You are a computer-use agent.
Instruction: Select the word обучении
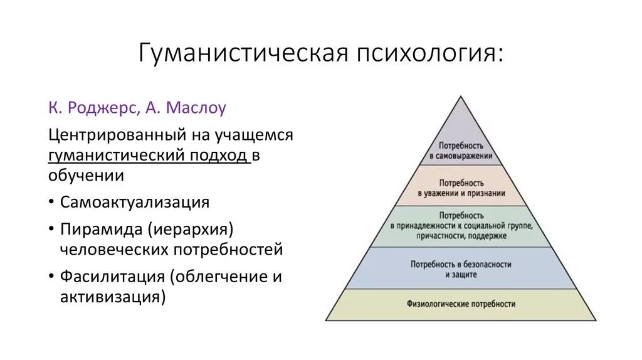pos(86,175)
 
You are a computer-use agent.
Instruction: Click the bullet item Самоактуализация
pos(134,203)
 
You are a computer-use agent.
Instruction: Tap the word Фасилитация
pos(113,277)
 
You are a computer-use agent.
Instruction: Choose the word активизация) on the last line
pos(113,297)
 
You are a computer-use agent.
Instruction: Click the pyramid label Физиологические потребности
pos(461,304)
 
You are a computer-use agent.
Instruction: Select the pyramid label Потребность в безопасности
pos(461,265)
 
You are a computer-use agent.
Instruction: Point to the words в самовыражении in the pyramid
pos(461,155)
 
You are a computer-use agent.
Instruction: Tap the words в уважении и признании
pos(461,194)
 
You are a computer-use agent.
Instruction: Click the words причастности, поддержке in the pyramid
pos(461,236)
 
